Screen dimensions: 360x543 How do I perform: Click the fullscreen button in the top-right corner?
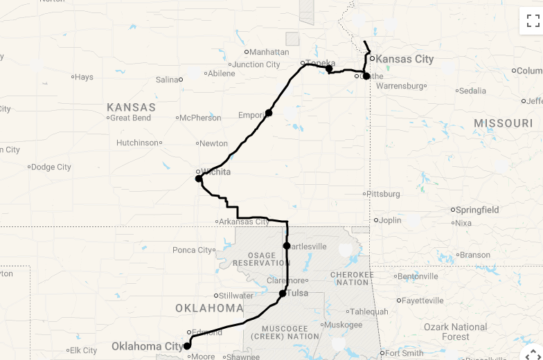[x=533, y=21]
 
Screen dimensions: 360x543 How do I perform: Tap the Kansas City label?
[x=404, y=59]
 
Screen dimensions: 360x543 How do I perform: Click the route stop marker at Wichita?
[x=199, y=179]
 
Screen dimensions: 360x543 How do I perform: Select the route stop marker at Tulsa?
[x=283, y=294]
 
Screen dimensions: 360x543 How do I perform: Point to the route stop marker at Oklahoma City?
[x=187, y=345]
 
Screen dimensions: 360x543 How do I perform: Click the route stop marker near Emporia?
[x=269, y=113]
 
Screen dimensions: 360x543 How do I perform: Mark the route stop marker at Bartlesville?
[x=287, y=246]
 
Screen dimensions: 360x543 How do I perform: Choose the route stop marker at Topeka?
[x=329, y=69]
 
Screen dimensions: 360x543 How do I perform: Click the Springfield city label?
[x=477, y=210]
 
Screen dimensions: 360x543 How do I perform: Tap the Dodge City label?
[x=52, y=167]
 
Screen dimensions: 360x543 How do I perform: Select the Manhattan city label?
[x=269, y=52]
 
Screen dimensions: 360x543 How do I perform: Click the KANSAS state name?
[x=132, y=107]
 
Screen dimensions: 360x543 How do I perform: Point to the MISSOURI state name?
[x=504, y=123]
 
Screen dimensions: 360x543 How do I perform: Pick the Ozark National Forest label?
[x=455, y=332]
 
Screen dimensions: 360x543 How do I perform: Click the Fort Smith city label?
[x=404, y=353]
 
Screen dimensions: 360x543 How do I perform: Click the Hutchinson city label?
[x=137, y=143]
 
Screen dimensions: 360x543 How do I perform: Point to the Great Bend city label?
[x=132, y=118]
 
